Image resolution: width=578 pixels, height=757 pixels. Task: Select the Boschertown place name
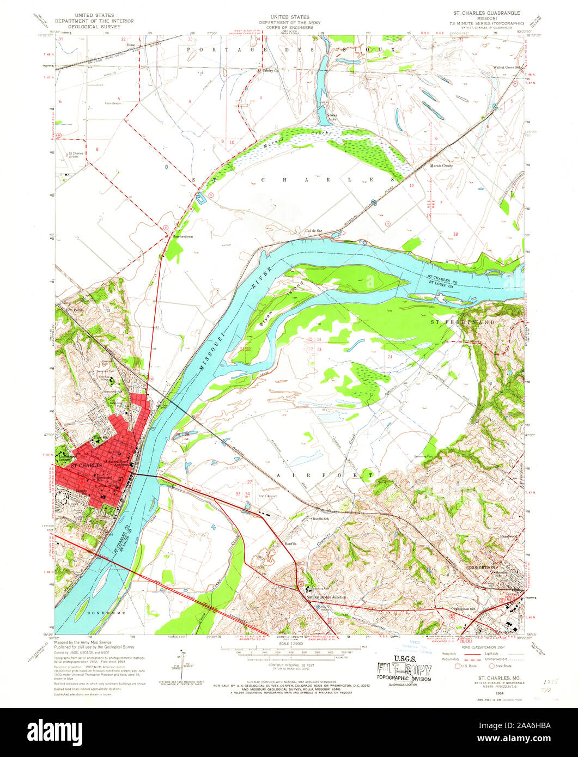pos(182,237)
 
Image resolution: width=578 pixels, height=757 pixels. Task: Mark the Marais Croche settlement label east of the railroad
pos(441,165)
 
